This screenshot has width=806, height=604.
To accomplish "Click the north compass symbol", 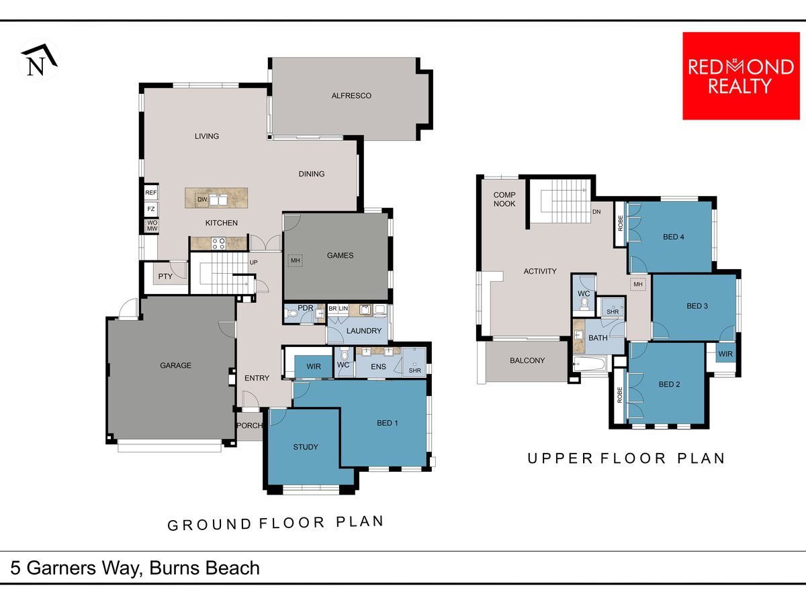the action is click(39, 60).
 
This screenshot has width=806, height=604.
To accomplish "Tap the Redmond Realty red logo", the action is click(741, 76).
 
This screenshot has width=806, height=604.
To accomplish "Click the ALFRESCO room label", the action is click(351, 96).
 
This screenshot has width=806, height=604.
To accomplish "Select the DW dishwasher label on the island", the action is click(202, 199).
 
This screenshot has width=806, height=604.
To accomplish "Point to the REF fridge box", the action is click(151, 193).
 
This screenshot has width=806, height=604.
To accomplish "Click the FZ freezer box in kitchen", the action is click(151, 209).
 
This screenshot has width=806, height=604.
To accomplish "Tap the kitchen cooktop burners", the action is click(218, 243).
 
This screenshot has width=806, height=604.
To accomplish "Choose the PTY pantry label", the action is click(165, 276).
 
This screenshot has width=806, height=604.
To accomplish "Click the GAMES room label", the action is click(340, 255).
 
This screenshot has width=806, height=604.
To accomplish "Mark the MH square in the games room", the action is click(296, 260).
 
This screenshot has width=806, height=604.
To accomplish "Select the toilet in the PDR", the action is click(292, 313).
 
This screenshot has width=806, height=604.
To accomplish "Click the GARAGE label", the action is click(175, 365).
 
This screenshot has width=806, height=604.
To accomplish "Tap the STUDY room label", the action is click(306, 447).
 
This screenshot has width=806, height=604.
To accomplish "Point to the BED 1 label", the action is click(387, 423).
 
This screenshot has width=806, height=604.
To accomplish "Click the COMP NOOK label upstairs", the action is click(504, 199).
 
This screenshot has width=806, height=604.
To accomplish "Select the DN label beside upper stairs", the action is click(596, 211).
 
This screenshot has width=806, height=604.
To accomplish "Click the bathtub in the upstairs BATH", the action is click(590, 364).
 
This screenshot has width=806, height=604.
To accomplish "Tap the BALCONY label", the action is click(527, 360).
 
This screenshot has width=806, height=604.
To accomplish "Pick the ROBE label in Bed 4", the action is click(620, 223).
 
